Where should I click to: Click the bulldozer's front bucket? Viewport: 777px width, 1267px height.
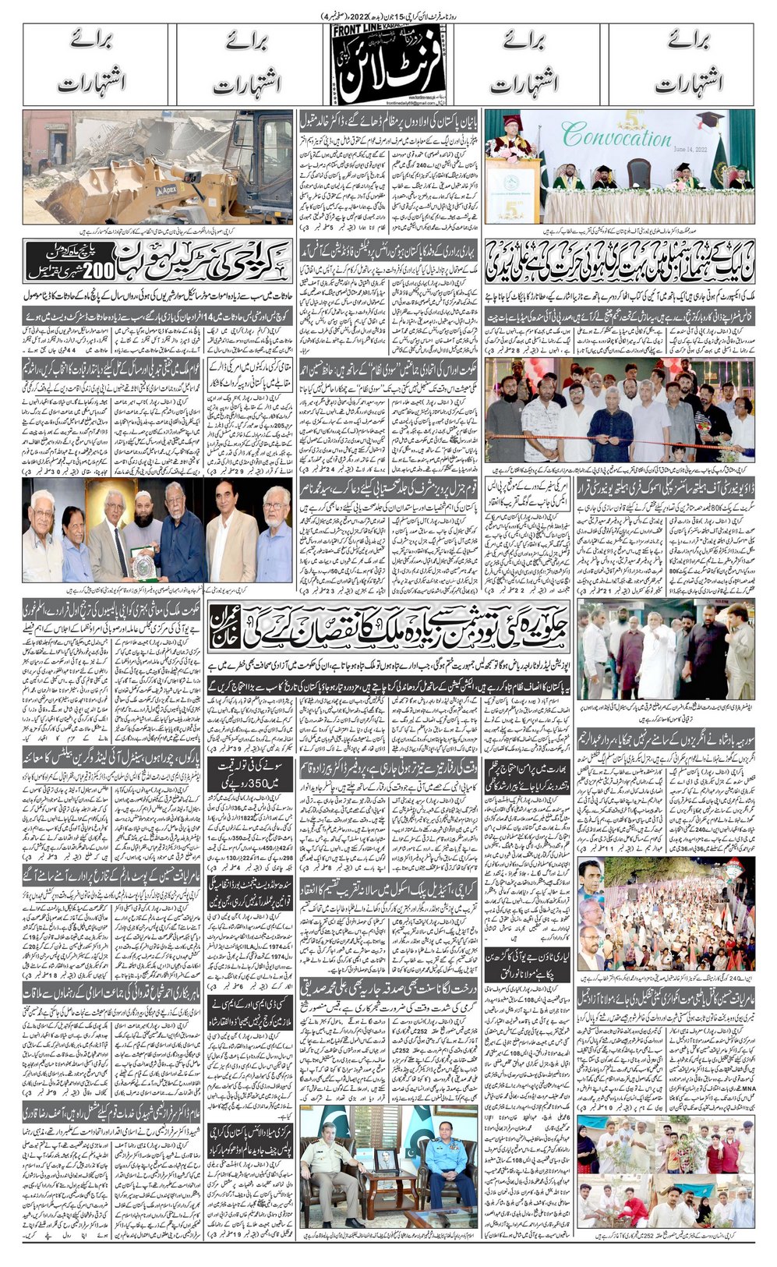click(x=86, y=195)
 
